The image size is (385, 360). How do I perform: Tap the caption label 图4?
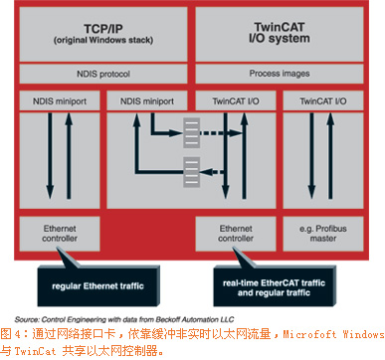[16, 327]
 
